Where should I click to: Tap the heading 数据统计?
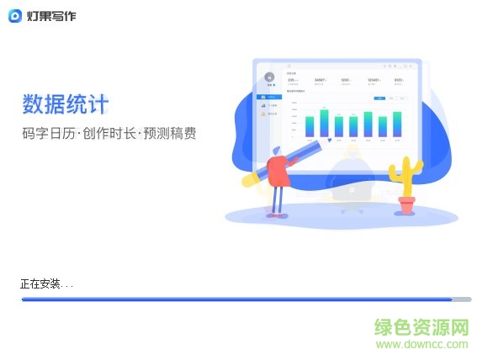[x=66, y=105]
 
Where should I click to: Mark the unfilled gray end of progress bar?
[x=462, y=299]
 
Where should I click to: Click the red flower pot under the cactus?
[x=407, y=204]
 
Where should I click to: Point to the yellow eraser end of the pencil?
[x=250, y=179]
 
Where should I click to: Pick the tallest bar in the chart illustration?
[x=324, y=122]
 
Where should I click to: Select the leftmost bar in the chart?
[x=310, y=126]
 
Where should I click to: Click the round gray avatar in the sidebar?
[x=270, y=77]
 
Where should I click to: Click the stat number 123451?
[x=373, y=81]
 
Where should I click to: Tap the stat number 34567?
[x=319, y=81]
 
